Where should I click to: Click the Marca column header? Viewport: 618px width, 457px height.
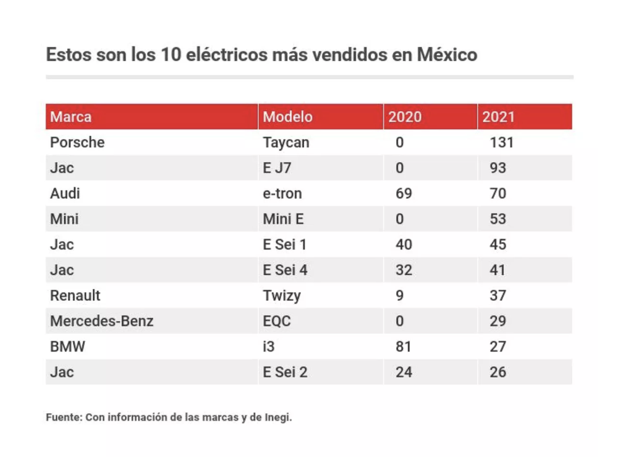(71, 117)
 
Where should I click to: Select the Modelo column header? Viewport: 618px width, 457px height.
(288, 117)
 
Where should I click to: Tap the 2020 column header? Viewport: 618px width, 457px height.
(405, 117)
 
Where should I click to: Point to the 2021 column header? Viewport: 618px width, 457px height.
(499, 117)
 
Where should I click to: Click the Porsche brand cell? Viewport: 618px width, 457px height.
(77, 142)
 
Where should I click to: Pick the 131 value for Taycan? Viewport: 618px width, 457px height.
(502, 143)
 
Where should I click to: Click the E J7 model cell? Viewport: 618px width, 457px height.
(277, 168)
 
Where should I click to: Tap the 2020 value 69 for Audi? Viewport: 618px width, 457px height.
(404, 193)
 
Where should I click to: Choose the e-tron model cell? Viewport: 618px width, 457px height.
(282, 193)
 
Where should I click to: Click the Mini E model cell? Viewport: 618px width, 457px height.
(284, 219)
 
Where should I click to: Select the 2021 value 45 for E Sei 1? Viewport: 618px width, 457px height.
(497, 245)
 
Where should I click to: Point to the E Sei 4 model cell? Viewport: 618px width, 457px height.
(285, 270)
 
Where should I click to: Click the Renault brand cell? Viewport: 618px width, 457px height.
(75, 295)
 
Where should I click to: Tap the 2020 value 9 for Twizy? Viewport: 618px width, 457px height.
(400, 295)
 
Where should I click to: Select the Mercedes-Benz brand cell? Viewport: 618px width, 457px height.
(102, 321)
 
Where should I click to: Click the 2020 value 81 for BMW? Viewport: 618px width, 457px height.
(404, 346)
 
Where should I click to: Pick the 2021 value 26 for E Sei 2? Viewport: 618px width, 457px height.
(497, 372)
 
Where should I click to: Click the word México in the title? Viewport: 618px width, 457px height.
(447, 54)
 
